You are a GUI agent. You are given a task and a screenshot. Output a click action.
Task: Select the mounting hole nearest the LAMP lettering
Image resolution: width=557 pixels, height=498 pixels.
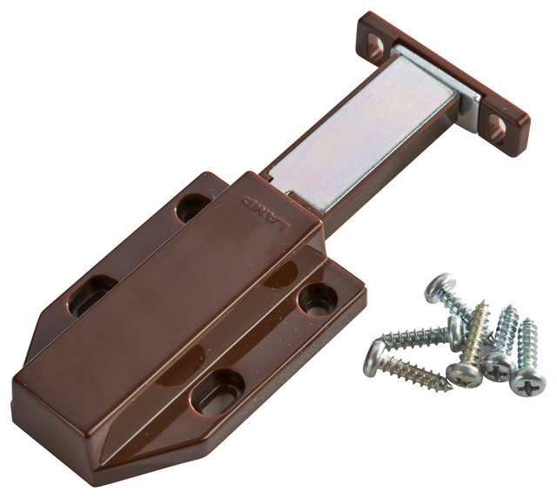192,206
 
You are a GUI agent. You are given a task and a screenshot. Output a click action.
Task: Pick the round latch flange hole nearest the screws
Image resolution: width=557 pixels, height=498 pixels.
317,299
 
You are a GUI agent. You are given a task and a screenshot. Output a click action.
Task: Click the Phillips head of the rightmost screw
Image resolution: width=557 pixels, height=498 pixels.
527,380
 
